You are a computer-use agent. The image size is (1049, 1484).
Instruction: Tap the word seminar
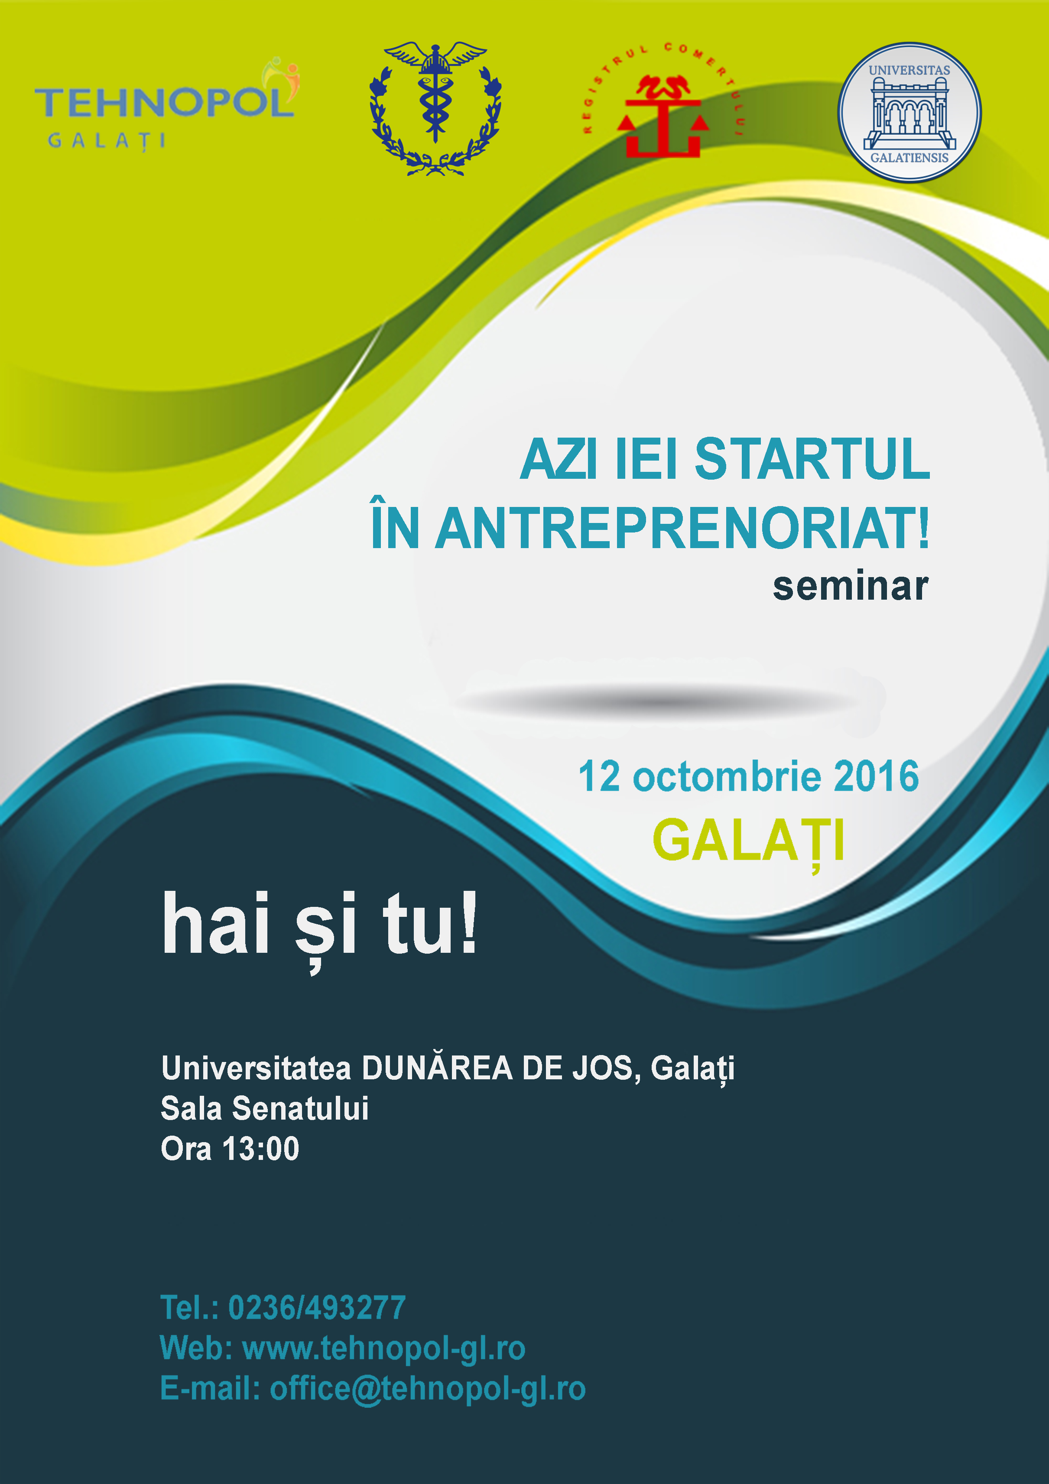click(x=851, y=586)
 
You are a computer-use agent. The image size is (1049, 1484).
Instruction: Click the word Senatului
click(x=301, y=1108)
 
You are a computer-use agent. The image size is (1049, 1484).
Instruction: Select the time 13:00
click(x=260, y=1149)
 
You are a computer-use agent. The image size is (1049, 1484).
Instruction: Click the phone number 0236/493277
click(x=317, y=1308)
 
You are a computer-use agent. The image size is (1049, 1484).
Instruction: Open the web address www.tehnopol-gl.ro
click(x=384, y=1348)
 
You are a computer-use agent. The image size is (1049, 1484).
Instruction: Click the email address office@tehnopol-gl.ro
click(x=428, y=1389)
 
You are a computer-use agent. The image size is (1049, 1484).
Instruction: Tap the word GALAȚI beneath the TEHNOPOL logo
click(x=107, y=141)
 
